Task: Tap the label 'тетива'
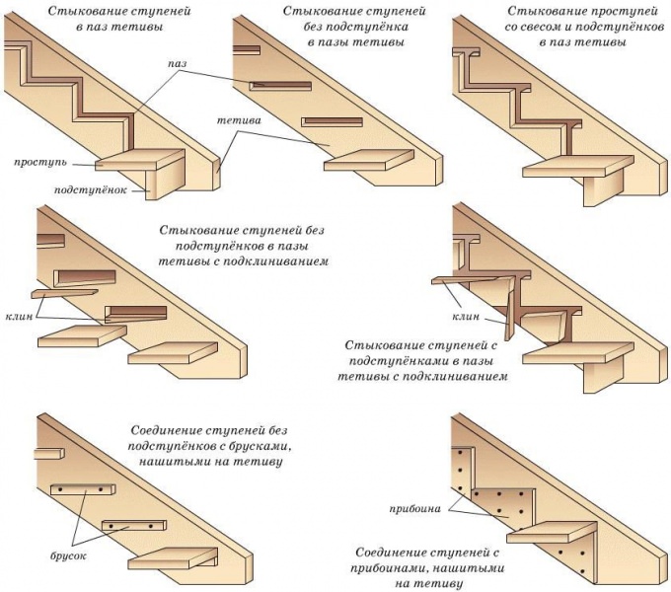point(240,120)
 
